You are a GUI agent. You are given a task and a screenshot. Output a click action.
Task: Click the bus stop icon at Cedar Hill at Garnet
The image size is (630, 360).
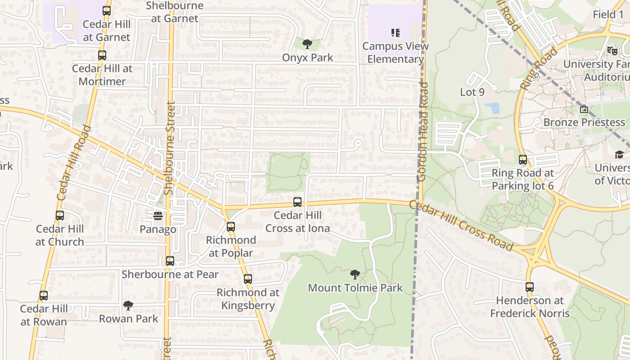(107, 10)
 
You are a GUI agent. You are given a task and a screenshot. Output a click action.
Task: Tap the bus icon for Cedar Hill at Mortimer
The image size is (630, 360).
(102, 55)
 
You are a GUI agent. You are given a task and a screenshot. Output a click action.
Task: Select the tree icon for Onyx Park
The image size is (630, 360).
(307, 44)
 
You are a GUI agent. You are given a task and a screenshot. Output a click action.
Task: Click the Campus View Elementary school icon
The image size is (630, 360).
(396, 32)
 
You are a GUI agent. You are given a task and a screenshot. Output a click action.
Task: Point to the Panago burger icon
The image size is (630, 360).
(157, 216)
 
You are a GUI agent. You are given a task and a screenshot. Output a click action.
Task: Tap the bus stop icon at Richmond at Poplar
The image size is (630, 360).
(231, 226)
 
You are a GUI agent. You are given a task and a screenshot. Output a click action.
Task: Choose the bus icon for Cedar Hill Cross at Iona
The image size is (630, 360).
(297, 202)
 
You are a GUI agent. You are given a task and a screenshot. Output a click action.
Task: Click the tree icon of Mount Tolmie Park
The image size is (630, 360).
(355, 274)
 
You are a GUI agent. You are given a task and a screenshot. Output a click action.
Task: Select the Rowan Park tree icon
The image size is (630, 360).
(128, 306)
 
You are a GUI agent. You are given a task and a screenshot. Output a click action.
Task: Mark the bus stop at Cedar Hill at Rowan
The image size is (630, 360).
(44, 296)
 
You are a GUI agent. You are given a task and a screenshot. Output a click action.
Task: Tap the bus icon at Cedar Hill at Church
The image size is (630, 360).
(60, 216)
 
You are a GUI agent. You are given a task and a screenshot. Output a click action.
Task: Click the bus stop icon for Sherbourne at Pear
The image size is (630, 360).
(170, 261)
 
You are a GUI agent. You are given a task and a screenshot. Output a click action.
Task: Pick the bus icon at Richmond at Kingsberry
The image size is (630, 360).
(248, 279)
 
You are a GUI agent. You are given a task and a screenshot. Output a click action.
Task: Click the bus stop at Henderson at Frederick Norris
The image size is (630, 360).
(530, 287)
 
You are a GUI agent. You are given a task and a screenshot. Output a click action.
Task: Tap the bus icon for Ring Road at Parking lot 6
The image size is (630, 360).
(523, 160)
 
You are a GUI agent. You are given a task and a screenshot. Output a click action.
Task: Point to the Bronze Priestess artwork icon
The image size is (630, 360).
(584, 109)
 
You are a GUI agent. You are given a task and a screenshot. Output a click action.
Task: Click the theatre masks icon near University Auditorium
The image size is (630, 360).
(612, 51)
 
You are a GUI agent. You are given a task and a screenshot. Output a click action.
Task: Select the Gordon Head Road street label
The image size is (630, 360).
(423, 131)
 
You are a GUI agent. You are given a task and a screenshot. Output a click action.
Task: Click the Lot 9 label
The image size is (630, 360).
(472, 92)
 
